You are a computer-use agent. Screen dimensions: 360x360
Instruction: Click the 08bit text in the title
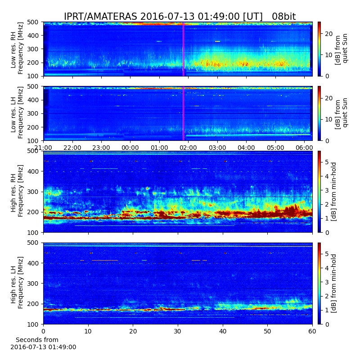point(284,17)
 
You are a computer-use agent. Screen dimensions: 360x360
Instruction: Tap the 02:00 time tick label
point(188,148)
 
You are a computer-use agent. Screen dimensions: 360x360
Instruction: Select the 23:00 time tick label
point(101,148)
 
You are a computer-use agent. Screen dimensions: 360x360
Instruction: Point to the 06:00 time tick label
point(305,148)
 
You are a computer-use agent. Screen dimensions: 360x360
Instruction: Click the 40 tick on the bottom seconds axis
point(223,331)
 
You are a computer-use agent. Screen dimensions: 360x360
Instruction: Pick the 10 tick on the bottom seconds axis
point(88,331)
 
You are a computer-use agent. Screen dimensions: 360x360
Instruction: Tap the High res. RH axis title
point(14,191)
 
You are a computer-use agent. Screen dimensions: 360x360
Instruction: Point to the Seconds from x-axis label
point(37,340)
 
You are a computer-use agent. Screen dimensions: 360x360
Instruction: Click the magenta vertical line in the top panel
point(183,49)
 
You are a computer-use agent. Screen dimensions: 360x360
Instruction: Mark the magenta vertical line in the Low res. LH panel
point(183,113)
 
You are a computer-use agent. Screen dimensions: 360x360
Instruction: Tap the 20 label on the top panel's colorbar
point(329,34)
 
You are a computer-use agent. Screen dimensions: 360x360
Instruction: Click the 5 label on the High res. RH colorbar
point(327,162)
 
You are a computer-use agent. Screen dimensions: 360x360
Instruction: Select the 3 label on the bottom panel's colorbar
point(327,282)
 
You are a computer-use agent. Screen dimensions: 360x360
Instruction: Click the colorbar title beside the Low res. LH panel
point(341,113)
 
